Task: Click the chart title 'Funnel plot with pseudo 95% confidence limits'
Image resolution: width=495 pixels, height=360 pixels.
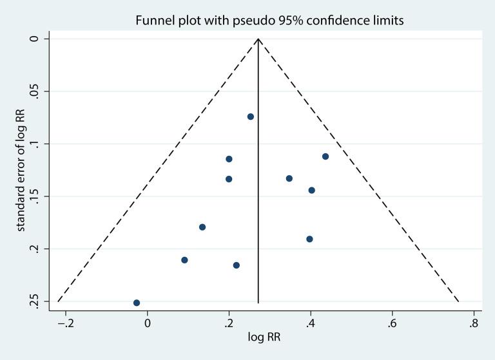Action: [269, 21]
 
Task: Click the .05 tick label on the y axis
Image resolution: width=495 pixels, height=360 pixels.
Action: [36, 91]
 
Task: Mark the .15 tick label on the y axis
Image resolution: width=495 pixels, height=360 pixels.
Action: [36, 196]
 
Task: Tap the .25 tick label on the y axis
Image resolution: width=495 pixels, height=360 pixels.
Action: [36, 301]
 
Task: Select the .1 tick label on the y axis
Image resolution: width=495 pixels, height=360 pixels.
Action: [36, 144]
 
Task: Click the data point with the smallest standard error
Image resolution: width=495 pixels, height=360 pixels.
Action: [251, 117]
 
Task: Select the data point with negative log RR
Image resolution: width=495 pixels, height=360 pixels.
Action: [137, 303]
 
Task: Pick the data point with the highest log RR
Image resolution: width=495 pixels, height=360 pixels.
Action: [325, 156]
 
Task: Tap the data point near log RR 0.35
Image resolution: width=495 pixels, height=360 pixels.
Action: [289, 178]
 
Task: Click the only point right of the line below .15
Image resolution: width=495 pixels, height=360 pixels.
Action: [309, 239]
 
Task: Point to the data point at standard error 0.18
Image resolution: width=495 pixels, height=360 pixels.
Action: [202, 227]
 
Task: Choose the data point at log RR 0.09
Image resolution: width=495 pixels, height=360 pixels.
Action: [184, 260]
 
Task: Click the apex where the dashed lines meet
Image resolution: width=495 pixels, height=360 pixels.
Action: [258, 39]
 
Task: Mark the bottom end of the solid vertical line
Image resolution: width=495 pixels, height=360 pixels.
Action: [258, 302]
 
